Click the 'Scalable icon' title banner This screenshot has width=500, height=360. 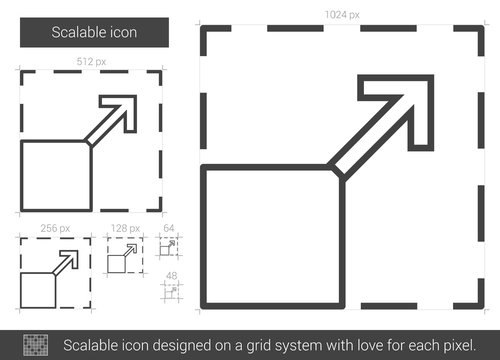click(x=96, y=32)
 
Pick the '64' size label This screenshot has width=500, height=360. click(x=169, y=229)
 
